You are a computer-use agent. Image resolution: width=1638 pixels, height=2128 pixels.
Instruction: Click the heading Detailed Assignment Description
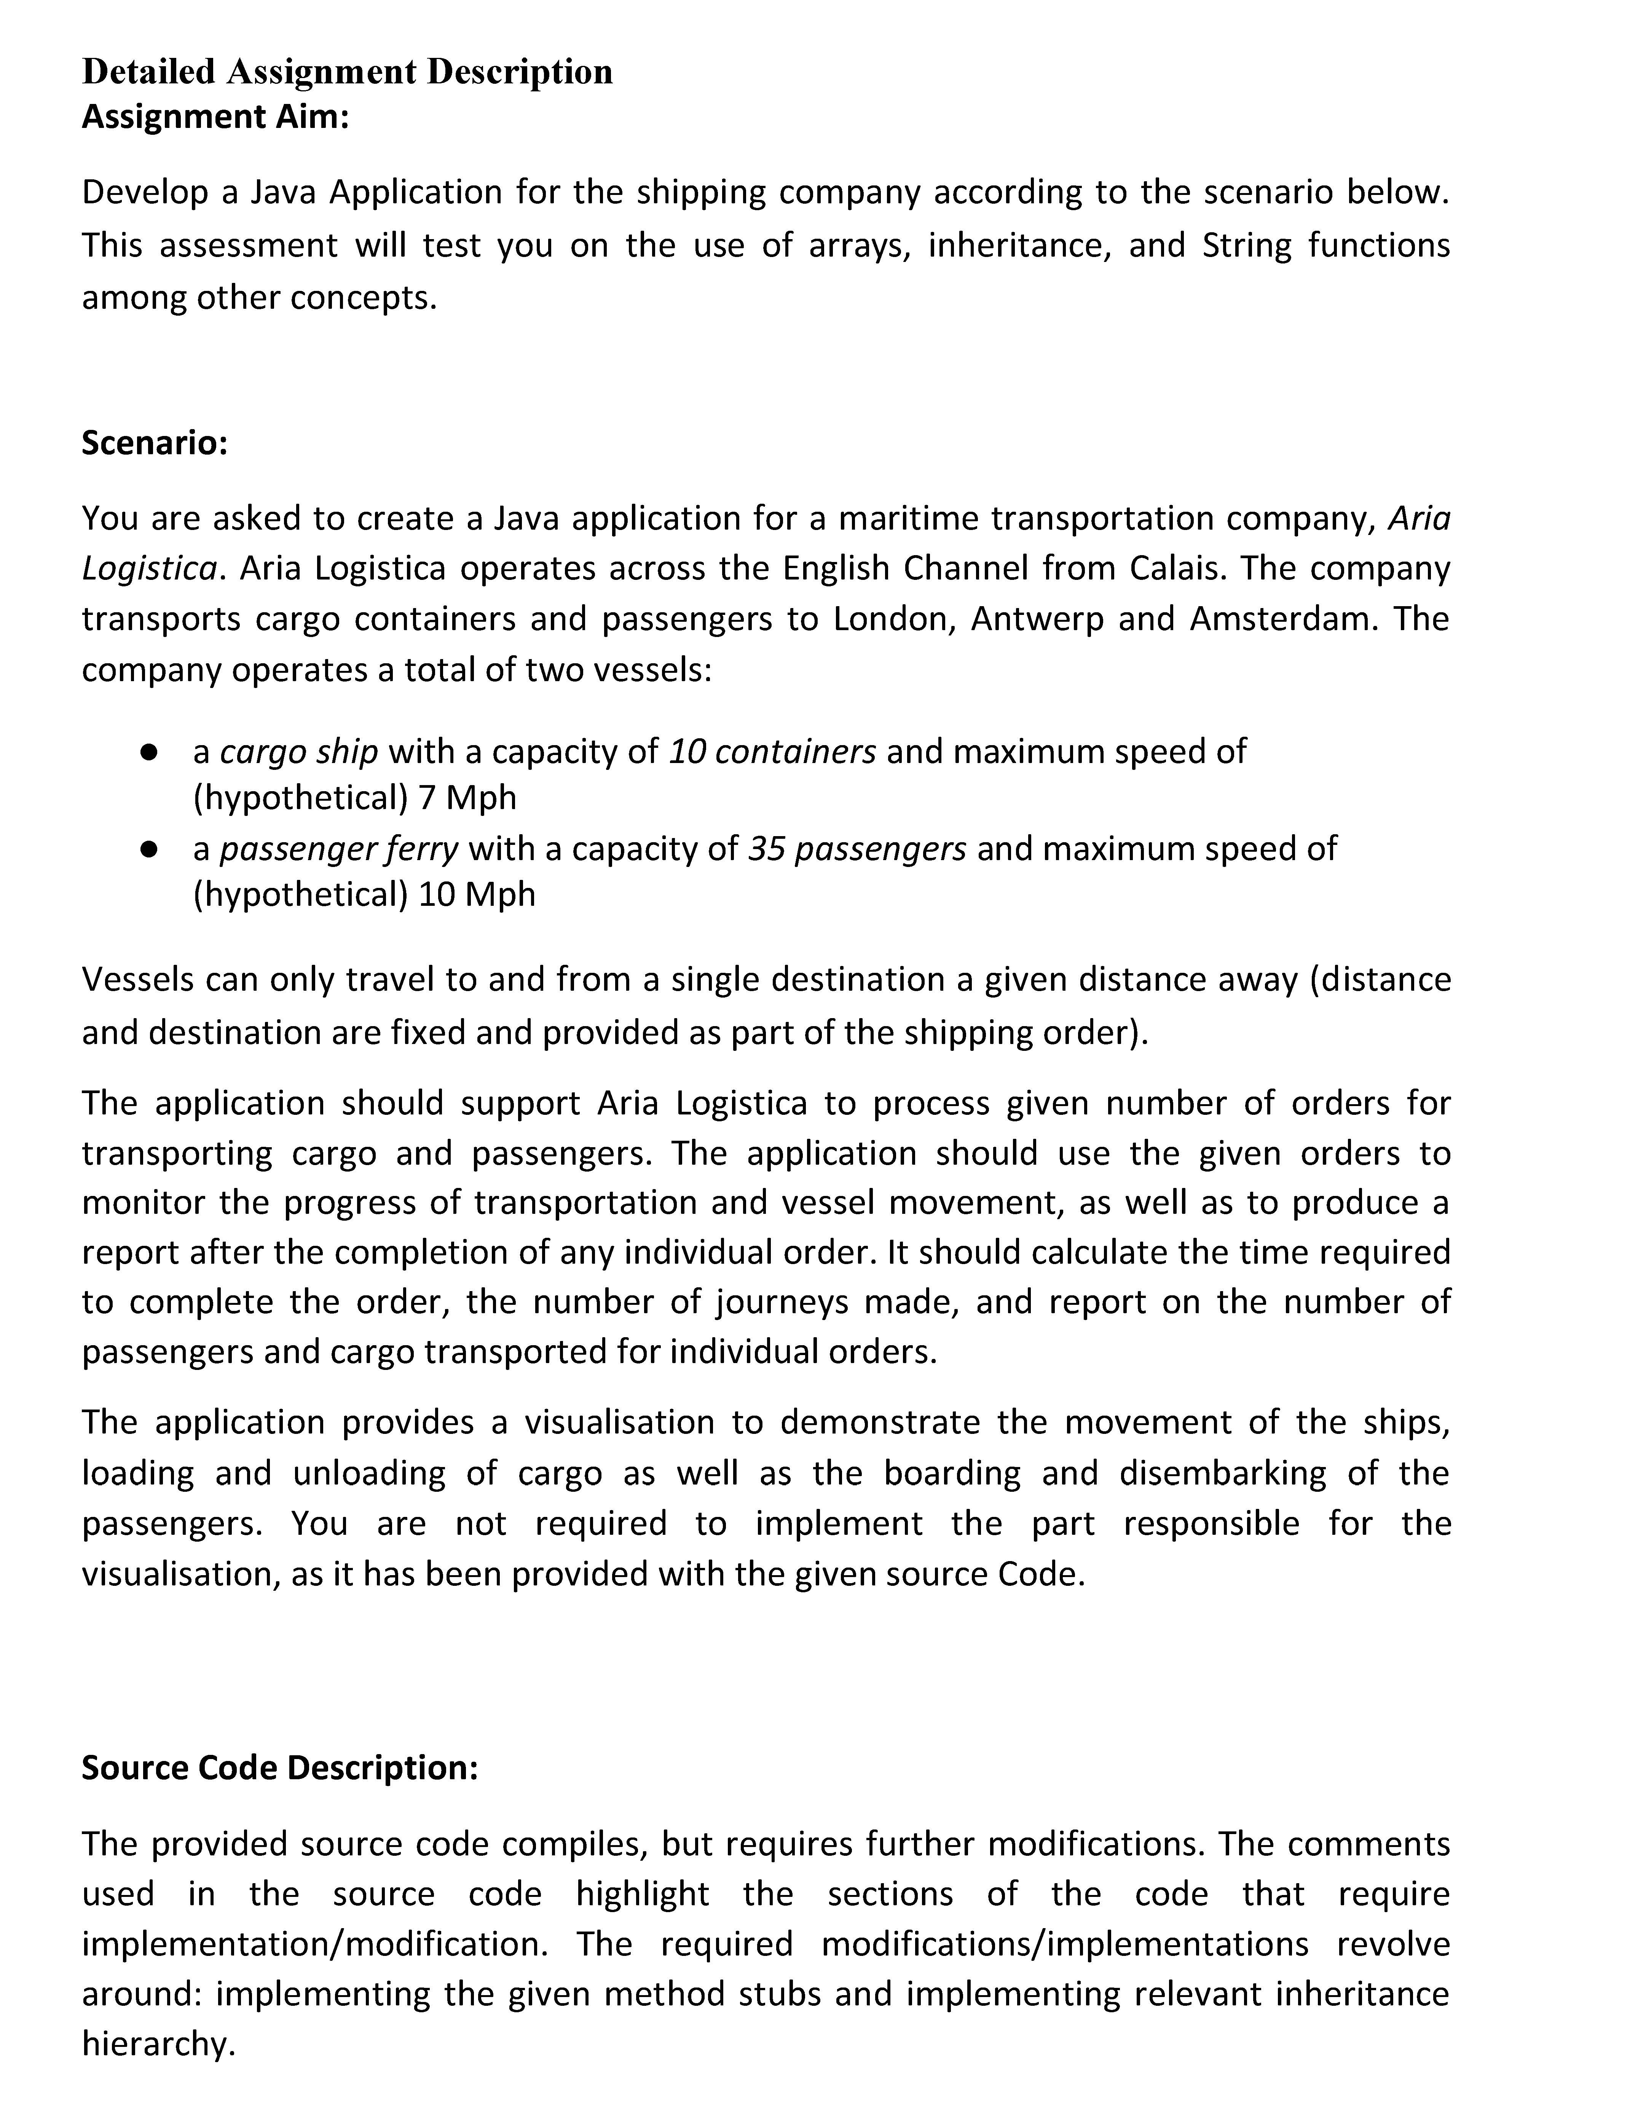pos(347,71)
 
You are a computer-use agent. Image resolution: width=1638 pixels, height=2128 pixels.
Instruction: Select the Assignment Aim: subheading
pos(214,117)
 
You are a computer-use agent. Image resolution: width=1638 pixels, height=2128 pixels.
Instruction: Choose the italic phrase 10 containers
pos(772,752)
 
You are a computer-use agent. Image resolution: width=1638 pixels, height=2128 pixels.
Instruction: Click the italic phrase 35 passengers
pos(856,849)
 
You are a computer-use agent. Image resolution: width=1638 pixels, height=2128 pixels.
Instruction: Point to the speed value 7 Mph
pos(467,798)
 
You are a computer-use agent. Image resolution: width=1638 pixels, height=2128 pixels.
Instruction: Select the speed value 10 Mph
pos(477,894)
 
